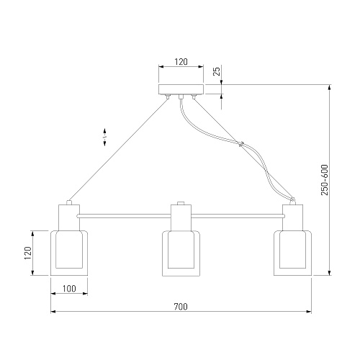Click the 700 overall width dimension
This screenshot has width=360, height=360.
181,307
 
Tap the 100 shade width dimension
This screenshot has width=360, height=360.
69,289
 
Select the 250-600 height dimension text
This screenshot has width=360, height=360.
325,180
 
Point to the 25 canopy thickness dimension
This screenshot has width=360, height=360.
217,71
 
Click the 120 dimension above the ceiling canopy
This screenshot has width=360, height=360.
181,62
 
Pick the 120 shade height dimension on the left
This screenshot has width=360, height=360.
28,253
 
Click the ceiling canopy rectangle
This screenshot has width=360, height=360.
181,89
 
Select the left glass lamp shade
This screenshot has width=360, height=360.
69,253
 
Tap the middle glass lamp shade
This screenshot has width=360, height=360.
181,253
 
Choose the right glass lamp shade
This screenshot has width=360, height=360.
293,253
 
